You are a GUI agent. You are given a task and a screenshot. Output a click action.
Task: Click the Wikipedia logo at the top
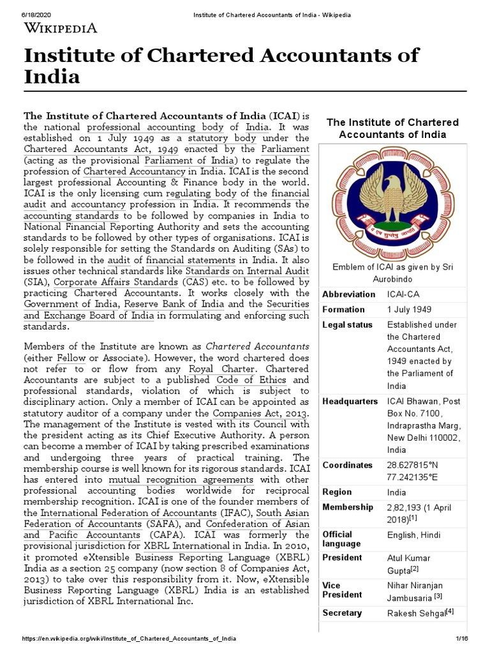(61, 27)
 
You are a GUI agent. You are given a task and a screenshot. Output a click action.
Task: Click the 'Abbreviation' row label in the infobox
(349, 294)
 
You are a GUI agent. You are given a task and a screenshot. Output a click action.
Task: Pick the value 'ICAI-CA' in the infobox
(405, 294)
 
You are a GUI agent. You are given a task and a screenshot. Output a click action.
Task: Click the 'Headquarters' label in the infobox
(350, 402)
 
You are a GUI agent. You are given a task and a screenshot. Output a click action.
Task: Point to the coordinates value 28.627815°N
(412, 465)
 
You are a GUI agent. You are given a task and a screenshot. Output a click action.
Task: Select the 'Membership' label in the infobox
(348, 507)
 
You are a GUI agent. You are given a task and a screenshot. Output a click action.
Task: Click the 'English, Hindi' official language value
(413, 535)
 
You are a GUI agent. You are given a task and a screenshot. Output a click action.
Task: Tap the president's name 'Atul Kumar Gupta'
(409, 563)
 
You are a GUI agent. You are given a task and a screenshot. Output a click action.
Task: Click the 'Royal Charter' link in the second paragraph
(222, 369)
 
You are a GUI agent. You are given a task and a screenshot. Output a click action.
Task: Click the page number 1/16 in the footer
(461, 639)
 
